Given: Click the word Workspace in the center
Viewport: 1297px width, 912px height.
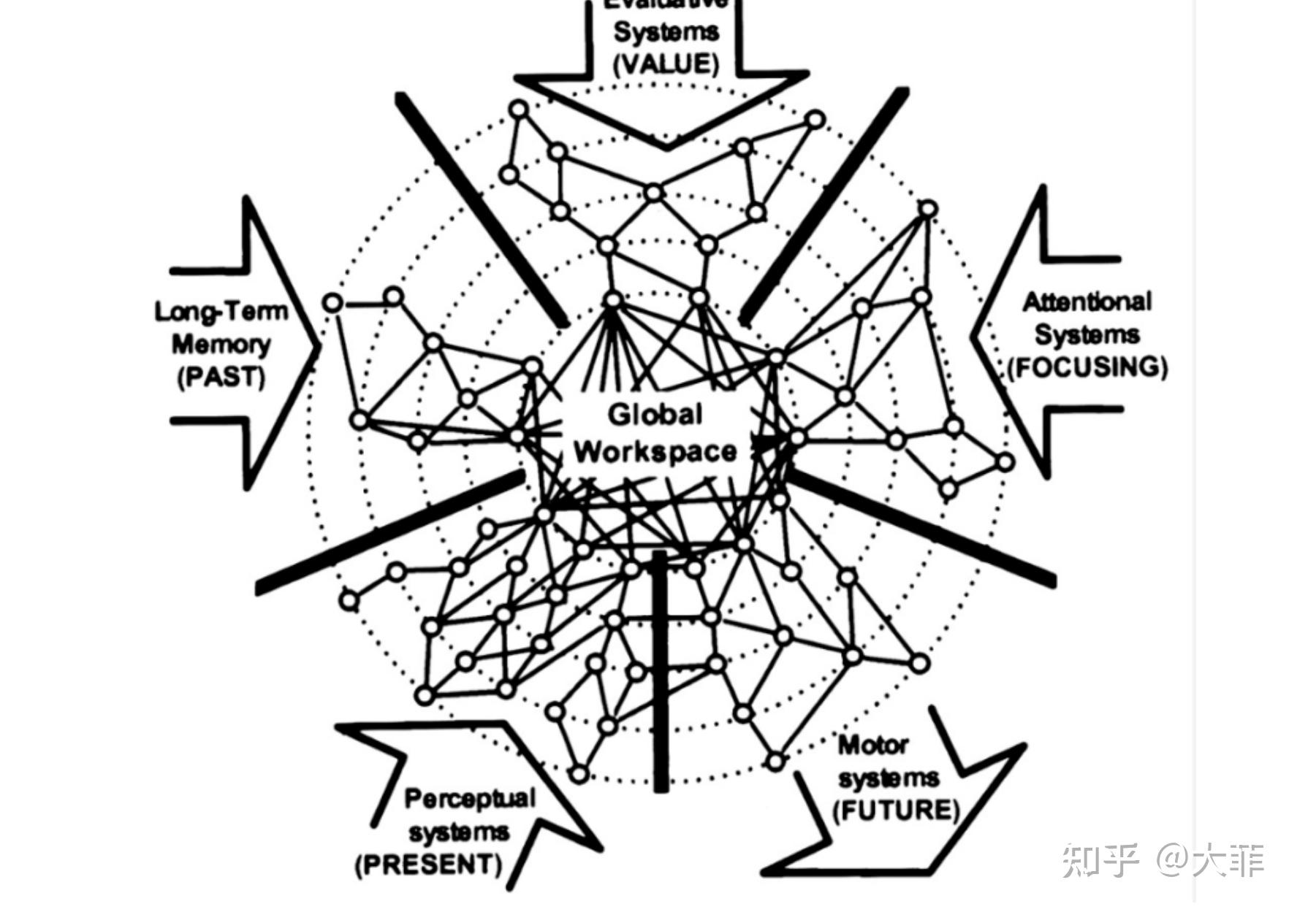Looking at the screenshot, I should (655, 451).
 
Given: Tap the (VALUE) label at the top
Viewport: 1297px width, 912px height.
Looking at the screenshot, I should (666, 64).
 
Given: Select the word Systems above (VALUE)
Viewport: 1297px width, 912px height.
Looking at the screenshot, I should (666, 32).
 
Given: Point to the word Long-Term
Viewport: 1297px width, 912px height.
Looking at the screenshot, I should (221, 312).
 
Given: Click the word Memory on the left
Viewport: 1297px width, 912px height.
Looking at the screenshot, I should (221, 344).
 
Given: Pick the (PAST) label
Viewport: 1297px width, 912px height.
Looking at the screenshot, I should (221, 377).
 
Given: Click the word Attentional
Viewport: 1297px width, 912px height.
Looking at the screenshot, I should (1087, 302).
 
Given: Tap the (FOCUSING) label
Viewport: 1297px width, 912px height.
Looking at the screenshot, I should (1087, 367).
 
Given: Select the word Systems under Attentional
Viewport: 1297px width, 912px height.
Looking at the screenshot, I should (1087, 334).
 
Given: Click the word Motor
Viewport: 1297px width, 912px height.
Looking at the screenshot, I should (873, 746).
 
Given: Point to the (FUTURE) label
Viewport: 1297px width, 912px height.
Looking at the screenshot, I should (896, 810).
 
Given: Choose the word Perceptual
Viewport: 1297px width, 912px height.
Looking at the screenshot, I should (470, 798).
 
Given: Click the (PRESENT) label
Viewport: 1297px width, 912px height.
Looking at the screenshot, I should (429, 865).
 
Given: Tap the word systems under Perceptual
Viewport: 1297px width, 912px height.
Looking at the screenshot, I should (458, 832).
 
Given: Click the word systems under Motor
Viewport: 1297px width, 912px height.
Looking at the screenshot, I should (888, 778).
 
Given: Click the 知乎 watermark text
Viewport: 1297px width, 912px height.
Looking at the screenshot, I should (1100, 860).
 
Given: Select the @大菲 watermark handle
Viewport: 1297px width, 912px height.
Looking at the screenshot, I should (1209, 860).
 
